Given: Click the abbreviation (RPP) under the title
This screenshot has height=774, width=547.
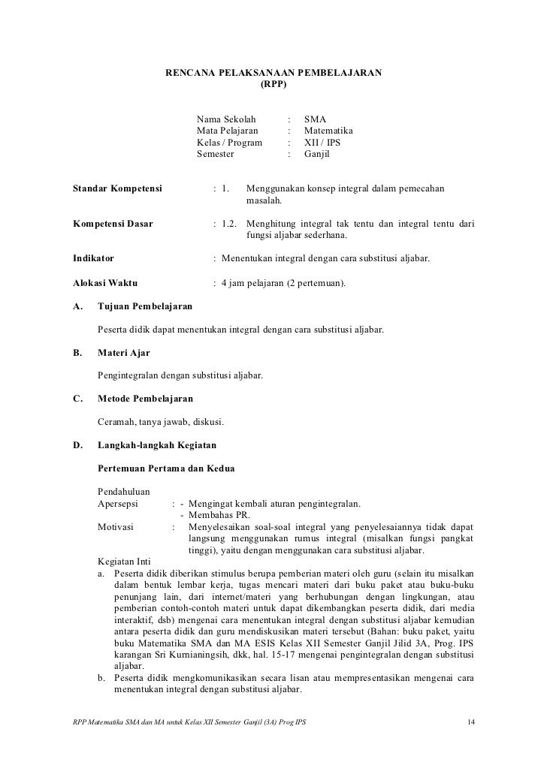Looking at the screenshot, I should [x=273, y=85].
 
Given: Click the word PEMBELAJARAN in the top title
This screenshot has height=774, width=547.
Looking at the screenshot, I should [x=340, y=73].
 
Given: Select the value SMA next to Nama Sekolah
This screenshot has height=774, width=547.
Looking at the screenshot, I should [x=315, y=119].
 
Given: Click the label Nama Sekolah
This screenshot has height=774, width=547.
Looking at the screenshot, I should [x=226, y=119].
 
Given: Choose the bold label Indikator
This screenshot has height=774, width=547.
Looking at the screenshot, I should [x=93, y=259].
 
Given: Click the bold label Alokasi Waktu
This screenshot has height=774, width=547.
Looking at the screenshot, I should [x=104, y=283].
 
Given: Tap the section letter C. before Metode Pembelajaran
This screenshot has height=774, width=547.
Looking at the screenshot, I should [x=77, y=398].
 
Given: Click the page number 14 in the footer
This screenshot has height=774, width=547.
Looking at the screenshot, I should [x=470, y=722].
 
